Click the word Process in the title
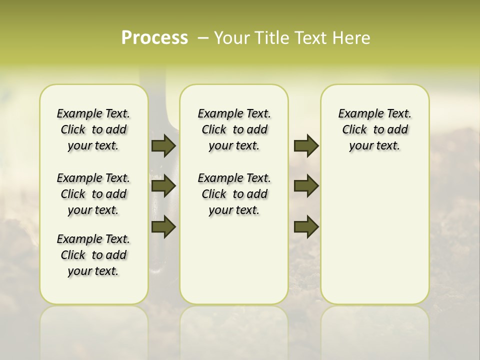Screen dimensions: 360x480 pos(154,38)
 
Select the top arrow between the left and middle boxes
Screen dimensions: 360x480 pos(163,145)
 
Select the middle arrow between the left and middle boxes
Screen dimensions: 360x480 pos(163,186)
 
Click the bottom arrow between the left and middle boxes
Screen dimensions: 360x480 pos(163,226)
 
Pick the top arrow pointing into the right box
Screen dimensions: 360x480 pos(306,145)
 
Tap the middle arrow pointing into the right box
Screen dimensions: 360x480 pos(306,186)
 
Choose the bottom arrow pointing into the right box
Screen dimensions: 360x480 pos(306,226)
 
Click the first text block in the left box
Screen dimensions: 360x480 pos(93,129)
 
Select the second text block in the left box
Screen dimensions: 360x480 pos(93,194)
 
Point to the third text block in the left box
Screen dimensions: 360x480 pos(93,255)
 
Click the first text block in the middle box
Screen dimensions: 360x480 pos(234,129)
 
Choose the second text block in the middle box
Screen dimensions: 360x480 pos(234,194)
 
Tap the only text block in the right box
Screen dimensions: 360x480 pos(374,129)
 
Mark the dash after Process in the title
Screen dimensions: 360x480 pos(202,38)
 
